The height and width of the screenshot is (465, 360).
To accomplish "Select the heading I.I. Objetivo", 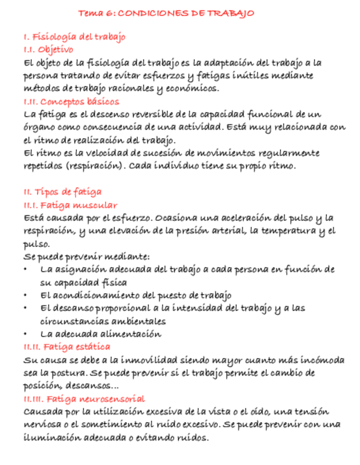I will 48,49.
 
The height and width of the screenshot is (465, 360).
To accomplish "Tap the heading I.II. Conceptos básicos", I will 71,102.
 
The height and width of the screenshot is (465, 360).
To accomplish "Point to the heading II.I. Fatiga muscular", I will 70,205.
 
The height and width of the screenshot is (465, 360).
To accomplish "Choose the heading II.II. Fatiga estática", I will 66,347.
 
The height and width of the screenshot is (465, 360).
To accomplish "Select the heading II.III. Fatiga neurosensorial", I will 84,399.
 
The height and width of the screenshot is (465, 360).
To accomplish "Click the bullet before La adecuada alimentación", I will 26,334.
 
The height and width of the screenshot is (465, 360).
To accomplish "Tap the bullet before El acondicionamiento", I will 26,296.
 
